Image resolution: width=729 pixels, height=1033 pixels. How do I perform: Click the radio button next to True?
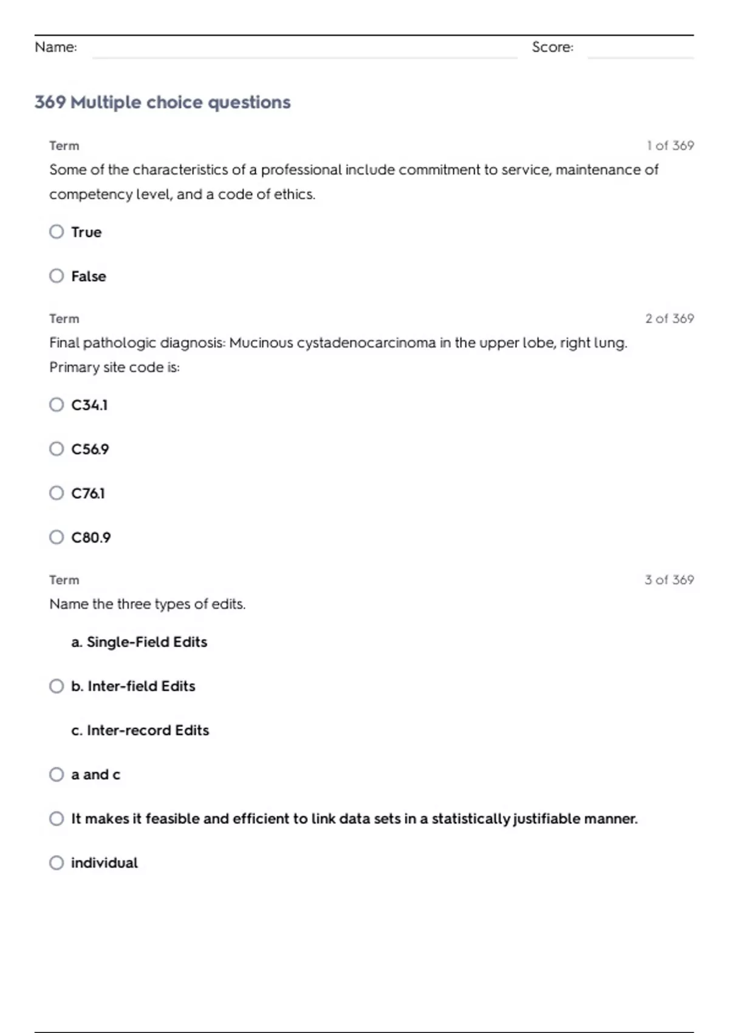pos(56,232)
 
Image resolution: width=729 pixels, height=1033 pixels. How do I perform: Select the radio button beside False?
pos(56,276)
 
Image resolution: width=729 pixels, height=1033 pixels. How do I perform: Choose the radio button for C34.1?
pos(56,405)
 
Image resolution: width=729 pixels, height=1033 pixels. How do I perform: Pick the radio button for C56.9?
pos(56,449)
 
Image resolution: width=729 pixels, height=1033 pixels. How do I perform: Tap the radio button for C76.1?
pos(56,493)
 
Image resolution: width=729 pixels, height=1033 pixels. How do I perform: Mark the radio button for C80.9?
pos(56,537)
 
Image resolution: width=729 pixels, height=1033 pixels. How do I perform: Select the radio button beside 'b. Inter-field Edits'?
pos(56,686)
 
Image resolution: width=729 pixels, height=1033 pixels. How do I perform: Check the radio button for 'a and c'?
pos(56,774)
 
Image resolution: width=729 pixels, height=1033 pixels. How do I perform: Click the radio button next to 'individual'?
pos(56,863)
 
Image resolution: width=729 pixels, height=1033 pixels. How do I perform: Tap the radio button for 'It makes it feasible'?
pos(56,819)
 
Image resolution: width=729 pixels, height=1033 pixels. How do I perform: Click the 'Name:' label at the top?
pos(56,47)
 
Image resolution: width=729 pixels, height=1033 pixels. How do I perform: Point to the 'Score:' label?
pos(552,47)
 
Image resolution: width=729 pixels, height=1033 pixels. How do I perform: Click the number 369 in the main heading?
pos(50,102)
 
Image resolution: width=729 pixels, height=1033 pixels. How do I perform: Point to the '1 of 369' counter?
pos(670,146)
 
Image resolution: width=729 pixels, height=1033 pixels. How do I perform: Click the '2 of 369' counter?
pos(669,318)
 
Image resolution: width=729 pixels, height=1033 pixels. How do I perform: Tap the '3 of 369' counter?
pos(669,580)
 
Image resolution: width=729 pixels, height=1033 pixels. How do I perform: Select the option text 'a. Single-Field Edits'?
pos(139,642)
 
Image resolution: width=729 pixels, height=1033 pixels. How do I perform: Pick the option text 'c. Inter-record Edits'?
pos(140,730)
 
